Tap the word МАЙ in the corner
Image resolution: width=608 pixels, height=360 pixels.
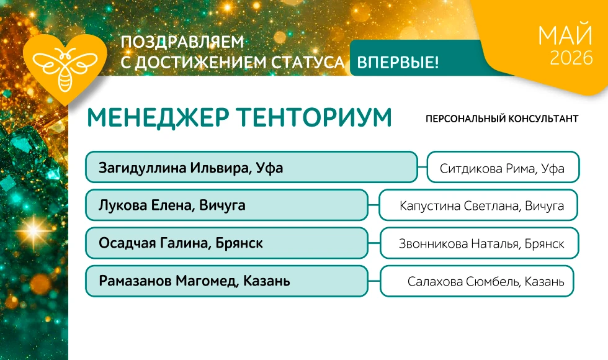tap(566, 35)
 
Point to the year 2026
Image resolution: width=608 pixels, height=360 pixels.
tap(571, 58)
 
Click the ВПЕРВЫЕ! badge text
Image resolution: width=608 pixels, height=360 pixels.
tap(398, 61)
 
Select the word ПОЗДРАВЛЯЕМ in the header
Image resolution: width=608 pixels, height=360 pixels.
tap(182, 42)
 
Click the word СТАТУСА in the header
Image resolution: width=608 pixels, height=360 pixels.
tap(308, 63)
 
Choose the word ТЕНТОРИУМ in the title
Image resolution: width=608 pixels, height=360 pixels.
tap(314, 117)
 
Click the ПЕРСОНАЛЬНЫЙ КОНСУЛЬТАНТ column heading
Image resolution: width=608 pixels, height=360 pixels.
tap(502, 119)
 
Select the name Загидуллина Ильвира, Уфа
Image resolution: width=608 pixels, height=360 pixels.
tap(191, 168)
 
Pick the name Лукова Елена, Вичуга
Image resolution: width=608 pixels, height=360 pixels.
tap(172, 205)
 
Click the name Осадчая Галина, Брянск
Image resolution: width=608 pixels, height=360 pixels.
tap(181, 243)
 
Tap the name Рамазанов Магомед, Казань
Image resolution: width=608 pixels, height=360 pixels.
tap(194, 281)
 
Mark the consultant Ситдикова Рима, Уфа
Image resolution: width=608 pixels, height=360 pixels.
tap(502, 168)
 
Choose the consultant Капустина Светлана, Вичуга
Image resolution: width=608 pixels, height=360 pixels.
tap(481, 205)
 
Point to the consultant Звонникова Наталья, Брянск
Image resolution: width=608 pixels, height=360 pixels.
tap(481, 243)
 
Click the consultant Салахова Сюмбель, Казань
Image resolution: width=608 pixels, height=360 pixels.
tap(486, 281)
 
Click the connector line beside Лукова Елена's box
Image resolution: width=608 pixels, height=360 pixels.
tap(373, 205)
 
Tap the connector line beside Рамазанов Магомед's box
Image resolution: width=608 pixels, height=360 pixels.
tap(373, 281)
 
